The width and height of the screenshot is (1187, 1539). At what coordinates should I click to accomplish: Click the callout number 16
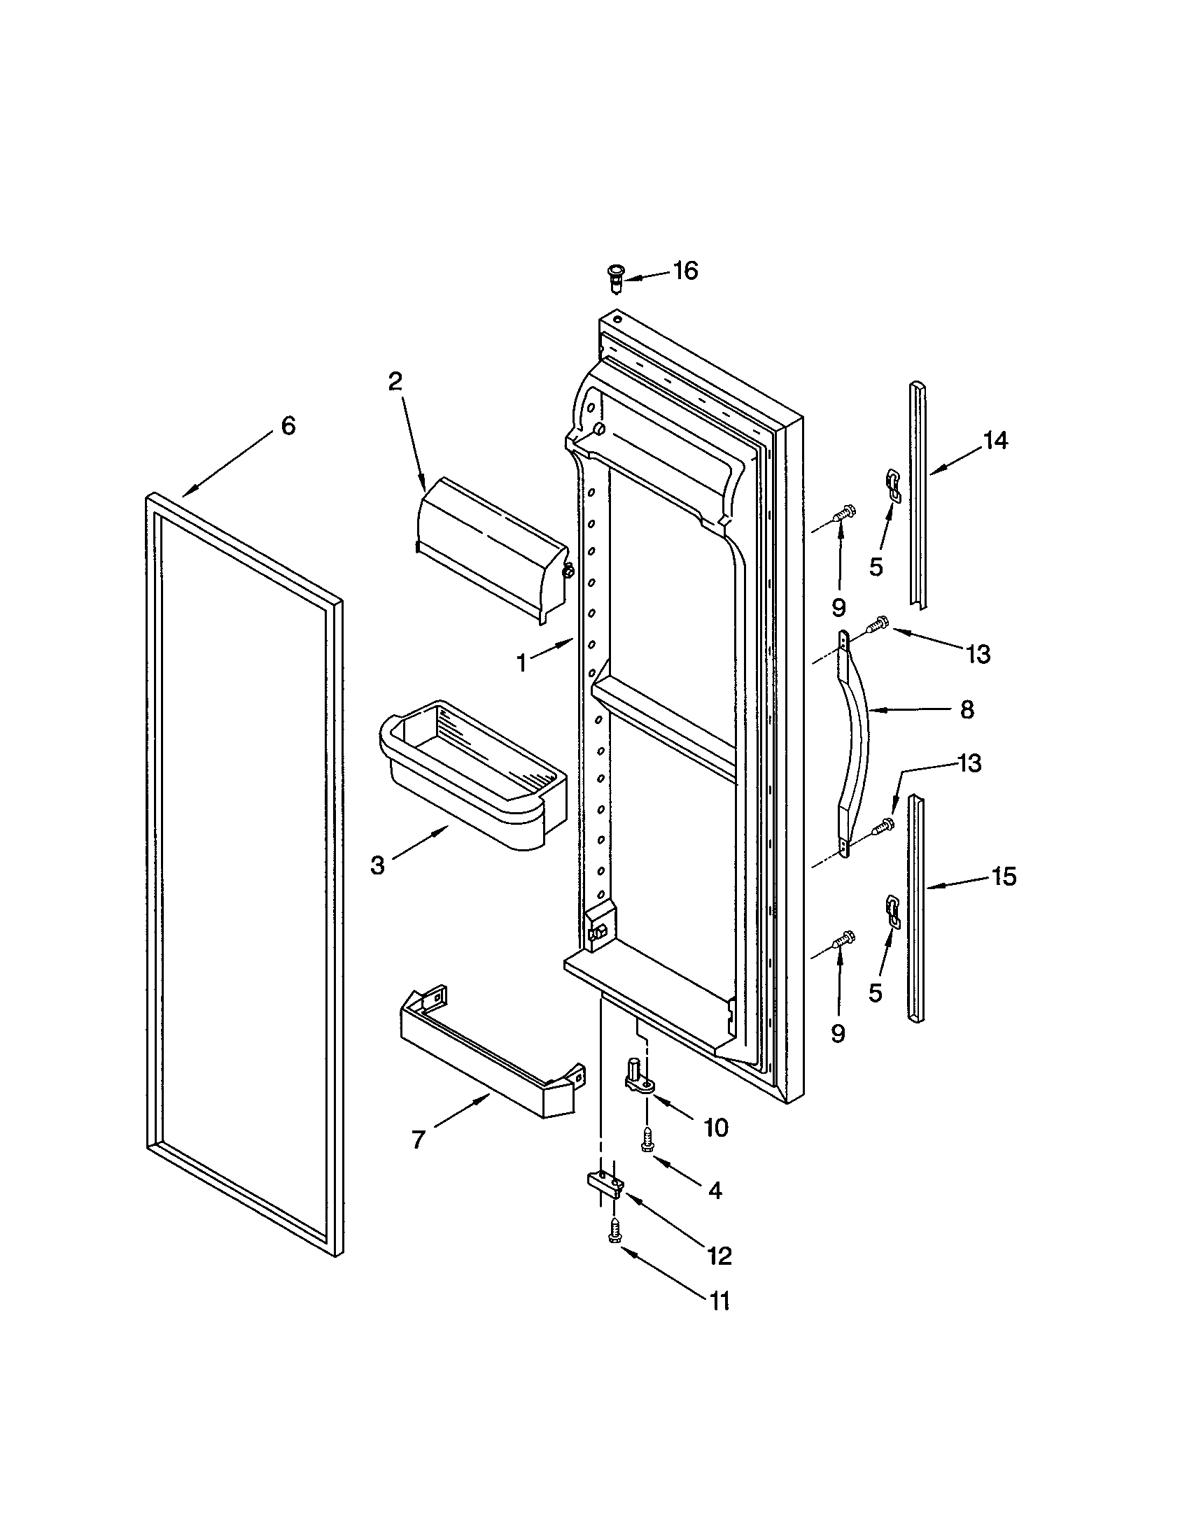pos(684,271)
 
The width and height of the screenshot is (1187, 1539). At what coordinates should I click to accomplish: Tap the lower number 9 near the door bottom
pos(837,1034)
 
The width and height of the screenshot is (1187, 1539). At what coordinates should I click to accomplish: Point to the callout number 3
pos(378,865)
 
